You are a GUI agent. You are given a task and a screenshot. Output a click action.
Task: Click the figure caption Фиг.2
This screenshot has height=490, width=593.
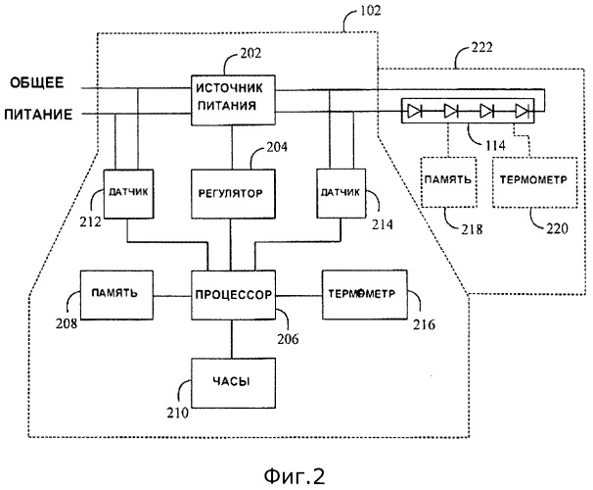click(x=296, y=473)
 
